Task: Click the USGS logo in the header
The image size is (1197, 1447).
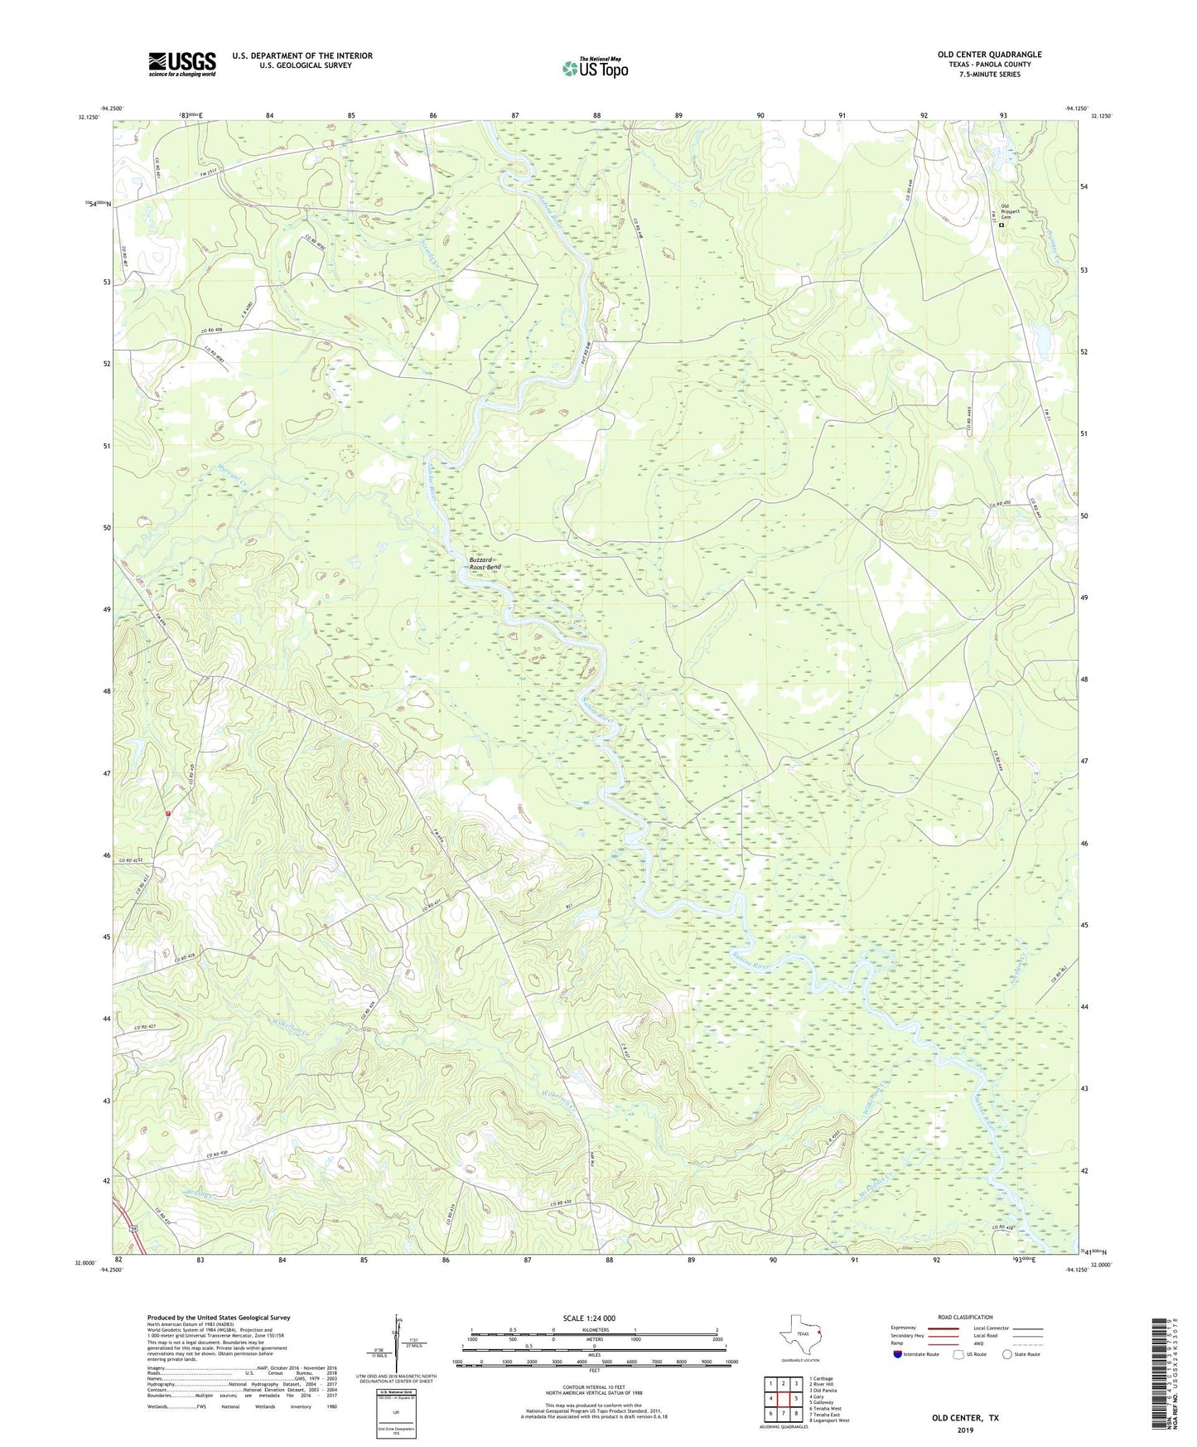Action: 181,64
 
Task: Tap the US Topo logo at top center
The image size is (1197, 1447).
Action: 594,69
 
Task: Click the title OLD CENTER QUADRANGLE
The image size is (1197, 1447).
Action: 989,55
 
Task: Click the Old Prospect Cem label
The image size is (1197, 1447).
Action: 1010,211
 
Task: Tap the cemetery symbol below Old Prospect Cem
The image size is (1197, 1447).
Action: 1001,225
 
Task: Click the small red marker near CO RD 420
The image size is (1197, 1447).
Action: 168,814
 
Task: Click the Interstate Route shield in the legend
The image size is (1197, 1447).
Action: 898,1355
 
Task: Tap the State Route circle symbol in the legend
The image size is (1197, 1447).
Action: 1006,1355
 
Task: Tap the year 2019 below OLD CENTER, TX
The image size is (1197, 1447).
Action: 964,1430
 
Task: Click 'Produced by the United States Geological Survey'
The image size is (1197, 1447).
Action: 219,1318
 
